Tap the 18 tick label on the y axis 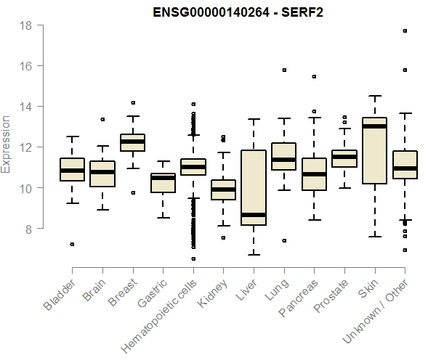(25, 25)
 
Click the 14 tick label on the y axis (25, 107)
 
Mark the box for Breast (132, 142)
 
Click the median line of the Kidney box (223, 189)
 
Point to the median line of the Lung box (283, 160)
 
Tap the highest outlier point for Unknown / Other (405, 30)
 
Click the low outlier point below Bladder (72, 244)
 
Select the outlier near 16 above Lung (284, 70)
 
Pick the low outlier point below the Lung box (284, 240)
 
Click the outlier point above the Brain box (102, 119)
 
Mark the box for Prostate (344, 158)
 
